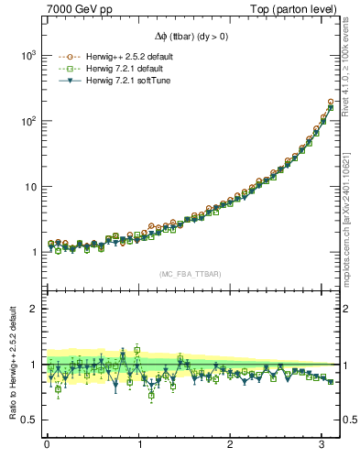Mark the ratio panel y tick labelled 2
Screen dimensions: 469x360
point(29,309)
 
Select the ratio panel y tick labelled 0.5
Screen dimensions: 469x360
point(25,420)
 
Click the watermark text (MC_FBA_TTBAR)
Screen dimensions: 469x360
point(189,274)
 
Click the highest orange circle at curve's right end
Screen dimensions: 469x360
point(331,102)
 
